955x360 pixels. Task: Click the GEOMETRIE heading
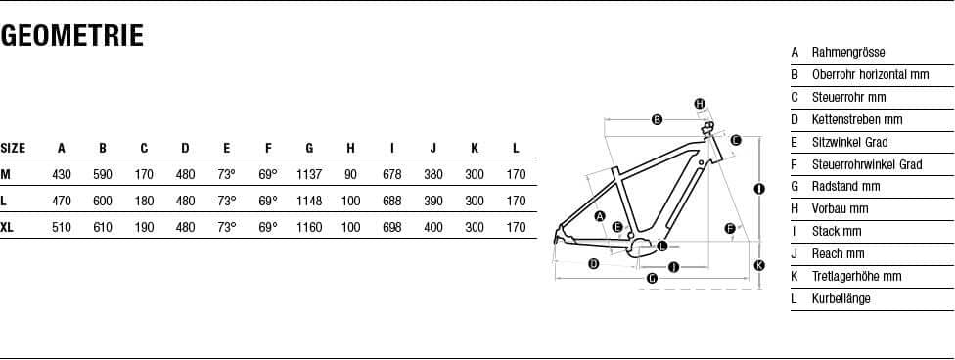71,36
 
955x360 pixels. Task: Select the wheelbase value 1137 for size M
309,175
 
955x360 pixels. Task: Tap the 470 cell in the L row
62,201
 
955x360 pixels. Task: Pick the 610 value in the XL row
103,228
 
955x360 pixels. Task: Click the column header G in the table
309,148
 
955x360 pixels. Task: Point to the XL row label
7,228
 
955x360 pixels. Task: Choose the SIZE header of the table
13,148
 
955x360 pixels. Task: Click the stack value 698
392,228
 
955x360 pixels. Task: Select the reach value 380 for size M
433,175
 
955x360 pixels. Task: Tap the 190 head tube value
145,228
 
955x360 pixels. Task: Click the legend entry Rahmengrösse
848,53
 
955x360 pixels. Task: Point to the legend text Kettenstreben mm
857,119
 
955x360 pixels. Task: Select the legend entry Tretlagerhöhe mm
856,276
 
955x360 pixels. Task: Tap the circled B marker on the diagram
658,120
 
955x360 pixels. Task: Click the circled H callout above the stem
701,104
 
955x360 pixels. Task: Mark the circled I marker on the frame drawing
759,189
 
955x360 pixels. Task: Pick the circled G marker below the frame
653,279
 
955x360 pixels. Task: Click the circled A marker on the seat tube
600,216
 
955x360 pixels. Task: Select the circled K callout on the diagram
759,265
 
